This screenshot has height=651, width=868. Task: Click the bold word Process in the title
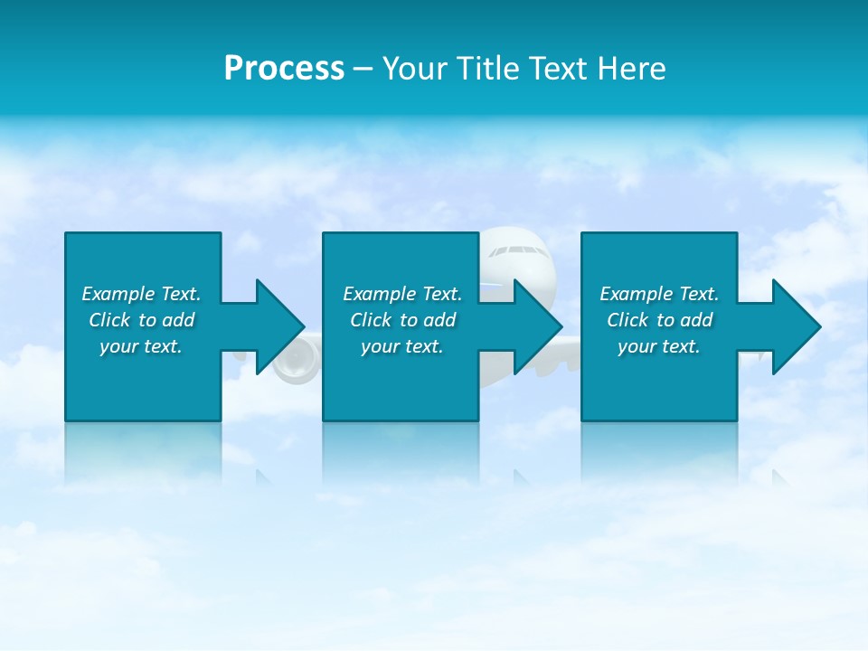(284, 69)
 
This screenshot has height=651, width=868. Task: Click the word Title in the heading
(490, 69)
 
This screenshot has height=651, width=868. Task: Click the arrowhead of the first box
(280, 326)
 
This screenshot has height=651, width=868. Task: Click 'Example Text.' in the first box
(141, 294)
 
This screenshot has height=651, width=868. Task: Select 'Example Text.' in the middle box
(402, 294)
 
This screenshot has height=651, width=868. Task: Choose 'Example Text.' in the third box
(659, 294)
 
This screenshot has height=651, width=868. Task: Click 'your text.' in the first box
(141, 346)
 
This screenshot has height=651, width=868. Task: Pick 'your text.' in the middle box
(402, 346)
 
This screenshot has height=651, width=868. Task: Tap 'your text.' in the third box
(659, 346)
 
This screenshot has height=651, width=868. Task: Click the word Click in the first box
(109, 320)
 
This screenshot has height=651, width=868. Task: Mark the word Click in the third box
(627, 320)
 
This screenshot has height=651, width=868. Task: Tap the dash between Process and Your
(363, 70)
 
